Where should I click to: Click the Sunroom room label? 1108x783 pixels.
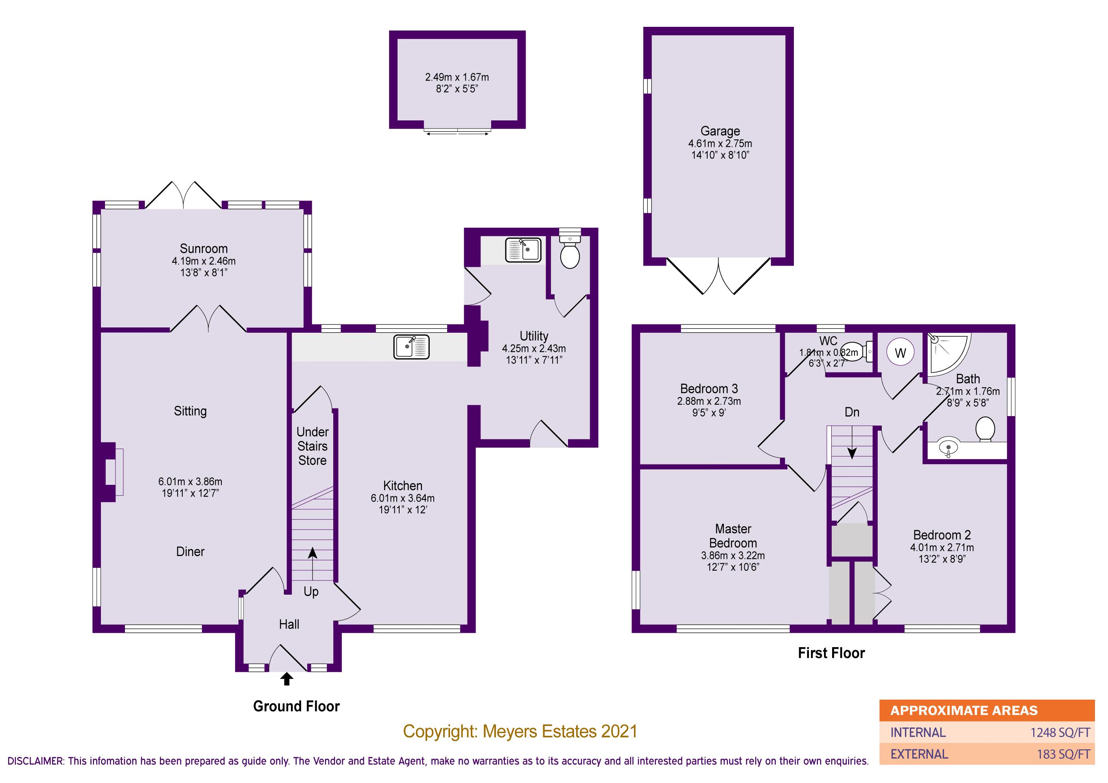pyautogui.click(x=203, y=249)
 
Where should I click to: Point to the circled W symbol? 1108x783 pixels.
pyautogui.click(x=900, y=353)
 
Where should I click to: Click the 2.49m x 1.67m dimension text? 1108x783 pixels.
pyautogui.click(x=457, y=77)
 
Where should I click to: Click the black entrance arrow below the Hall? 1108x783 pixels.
pyautogui.click(x=286, y=679)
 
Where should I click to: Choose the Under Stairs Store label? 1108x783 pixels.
pyautogui.click(x=312, y=446)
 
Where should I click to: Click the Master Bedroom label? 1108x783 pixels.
pyautogui.click(x=732, y=536)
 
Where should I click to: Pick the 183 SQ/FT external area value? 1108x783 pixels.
pyautogui.click(x=1063, y=754)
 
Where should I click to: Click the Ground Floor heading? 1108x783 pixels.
pyautogui.click(x=296, y=707)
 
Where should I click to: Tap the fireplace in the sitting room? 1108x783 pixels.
pyautogui.click(x=111, y=472)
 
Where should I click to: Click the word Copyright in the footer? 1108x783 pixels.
pyautogui.click(x=440, y=732)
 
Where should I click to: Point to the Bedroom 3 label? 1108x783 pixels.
pyautogui.click(x=708, y=389)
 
